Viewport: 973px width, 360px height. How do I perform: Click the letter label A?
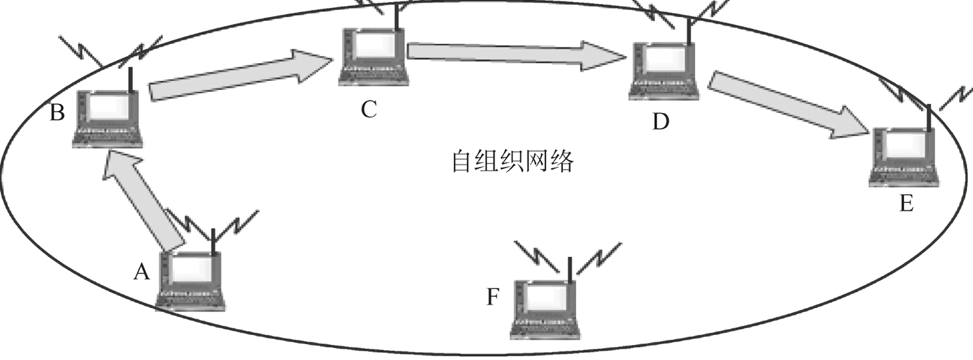tap(141, 271)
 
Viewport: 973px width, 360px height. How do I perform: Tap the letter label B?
tap(57, 113)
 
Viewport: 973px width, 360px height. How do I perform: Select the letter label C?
tap(368, 109)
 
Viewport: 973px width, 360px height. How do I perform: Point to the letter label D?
tap(660, 122)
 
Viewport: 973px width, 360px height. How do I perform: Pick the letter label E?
tap(906, 204)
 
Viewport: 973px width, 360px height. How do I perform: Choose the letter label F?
tap(493, 297)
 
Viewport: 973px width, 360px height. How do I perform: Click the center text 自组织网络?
tap(512, 161)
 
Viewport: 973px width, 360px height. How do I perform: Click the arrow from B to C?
tap(240, 74)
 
